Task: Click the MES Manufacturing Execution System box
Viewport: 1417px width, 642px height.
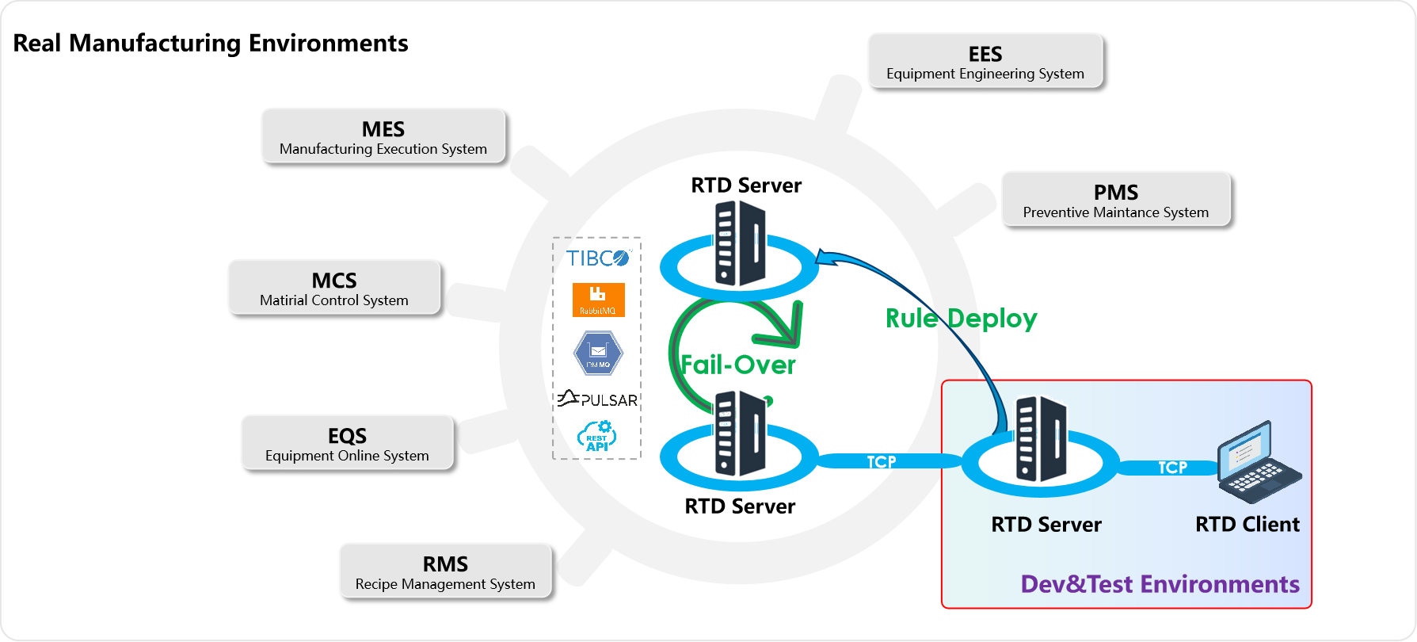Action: point(383,136)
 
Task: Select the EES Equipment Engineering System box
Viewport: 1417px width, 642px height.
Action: point(985,60)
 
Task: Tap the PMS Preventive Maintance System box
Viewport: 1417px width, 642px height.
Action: point(1115,198)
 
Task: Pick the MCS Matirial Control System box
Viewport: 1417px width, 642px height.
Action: point(333,287)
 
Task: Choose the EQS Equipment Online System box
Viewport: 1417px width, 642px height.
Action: point(347,442)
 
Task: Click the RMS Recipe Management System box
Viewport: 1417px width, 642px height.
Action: point(445,570)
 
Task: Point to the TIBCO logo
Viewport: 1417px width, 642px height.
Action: point(598,258)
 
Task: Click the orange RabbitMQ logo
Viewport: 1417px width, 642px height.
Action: point(598,300)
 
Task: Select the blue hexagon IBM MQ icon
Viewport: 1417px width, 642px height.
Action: point(598,353)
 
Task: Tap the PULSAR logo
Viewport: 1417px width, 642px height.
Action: point(598,399)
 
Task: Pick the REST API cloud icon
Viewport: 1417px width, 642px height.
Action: point(597,437)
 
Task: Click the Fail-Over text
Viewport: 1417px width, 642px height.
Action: point(738,365)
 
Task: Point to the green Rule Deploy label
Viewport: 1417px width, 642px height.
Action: point(961,319)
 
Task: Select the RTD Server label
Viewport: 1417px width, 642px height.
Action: point(1046,525)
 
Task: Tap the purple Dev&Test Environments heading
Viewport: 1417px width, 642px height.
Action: point(1160,584)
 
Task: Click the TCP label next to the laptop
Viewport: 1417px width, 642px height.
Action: point(1172,468)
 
